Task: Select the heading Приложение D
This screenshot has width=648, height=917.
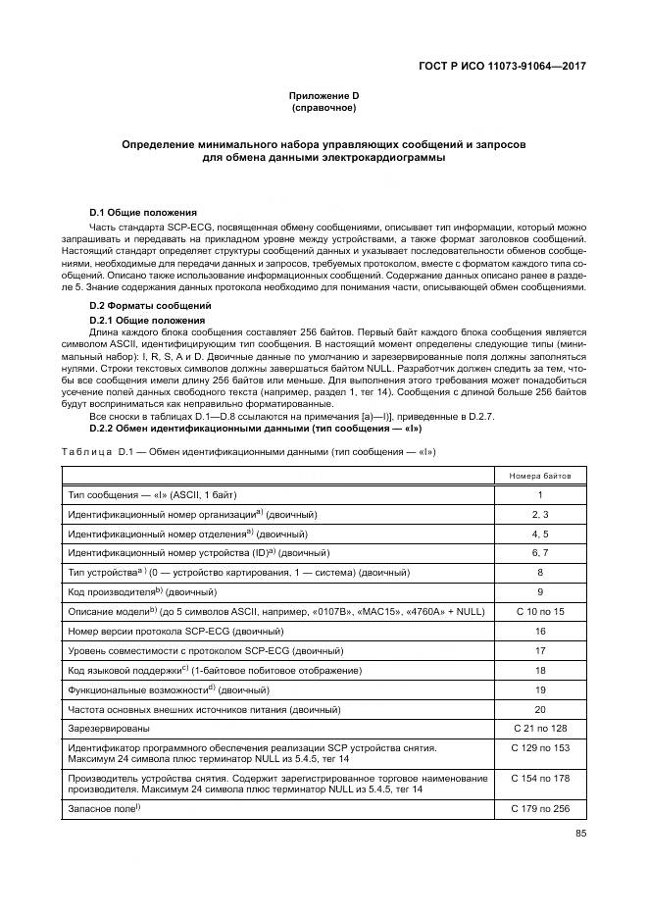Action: (x=324, y=94)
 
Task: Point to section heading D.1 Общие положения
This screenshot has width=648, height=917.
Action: (x=143, y=212)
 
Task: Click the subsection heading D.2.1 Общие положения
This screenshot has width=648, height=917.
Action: (x=147, y=321)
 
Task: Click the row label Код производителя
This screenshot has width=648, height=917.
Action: (x=114, y=592)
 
